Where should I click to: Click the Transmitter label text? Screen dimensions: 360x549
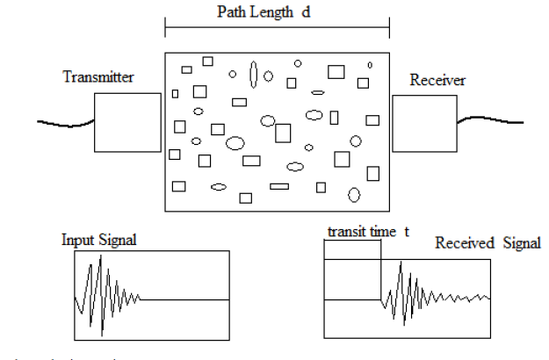98,77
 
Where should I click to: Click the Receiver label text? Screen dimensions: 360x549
437,81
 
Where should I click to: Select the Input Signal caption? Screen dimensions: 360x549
99,240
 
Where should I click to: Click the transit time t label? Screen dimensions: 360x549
368,232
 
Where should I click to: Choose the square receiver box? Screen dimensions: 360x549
424,124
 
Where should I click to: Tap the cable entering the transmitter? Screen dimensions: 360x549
66,122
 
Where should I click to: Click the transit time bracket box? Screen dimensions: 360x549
352,248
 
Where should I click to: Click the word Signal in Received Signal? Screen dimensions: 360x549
520,243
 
